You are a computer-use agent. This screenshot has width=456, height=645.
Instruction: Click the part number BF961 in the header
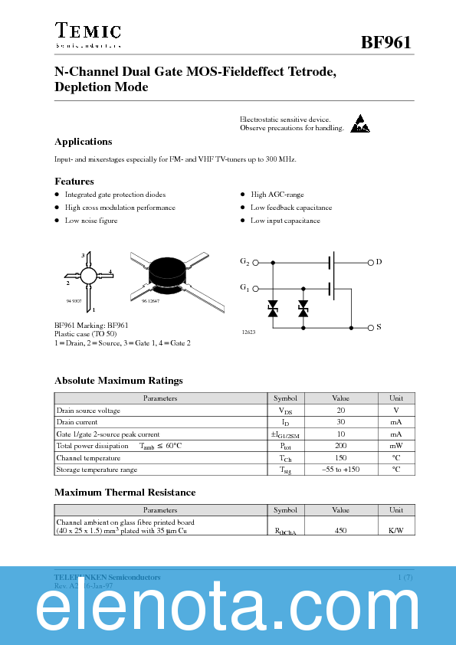386,43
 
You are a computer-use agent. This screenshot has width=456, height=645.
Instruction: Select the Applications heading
83,142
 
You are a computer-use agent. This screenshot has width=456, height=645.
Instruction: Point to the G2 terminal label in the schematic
244,262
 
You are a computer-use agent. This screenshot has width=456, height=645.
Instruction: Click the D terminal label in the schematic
379,262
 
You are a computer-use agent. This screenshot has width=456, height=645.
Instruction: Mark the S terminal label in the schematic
379,327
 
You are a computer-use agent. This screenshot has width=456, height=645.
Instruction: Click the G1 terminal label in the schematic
244,288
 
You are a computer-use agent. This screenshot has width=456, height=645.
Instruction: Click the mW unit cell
395,446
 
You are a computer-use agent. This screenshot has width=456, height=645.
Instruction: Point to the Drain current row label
77,422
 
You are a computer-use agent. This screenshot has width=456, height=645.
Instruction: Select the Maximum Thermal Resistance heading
125,493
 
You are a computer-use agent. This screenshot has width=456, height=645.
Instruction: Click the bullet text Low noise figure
91,221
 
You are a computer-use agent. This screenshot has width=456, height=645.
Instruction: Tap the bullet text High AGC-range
277,195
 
